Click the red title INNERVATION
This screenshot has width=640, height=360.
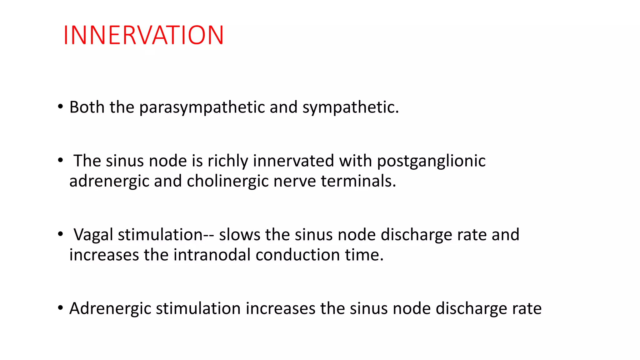point(143,35)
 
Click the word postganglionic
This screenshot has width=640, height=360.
point(431,162)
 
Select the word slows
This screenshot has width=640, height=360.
point(239,235)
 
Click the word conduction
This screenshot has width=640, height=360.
point(298,255)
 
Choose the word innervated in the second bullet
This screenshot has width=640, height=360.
point(293,161)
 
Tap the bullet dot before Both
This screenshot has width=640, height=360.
point(60,107)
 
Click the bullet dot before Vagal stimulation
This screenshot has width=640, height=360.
point(60,234)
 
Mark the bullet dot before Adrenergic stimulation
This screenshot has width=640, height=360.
point(60,308)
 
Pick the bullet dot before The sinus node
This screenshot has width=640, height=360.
point(60,160)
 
